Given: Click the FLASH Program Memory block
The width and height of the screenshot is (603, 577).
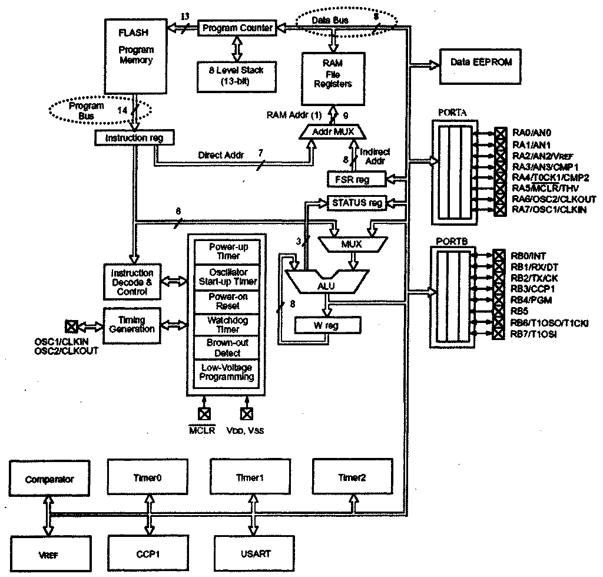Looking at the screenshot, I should pos(135,55).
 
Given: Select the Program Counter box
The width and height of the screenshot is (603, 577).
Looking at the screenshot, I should pos(237,28).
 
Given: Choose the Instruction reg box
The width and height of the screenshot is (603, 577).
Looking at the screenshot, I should pos(134,138).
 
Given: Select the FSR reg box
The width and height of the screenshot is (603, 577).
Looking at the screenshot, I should pos(356,178).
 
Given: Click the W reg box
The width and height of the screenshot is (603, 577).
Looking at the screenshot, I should pos(327,325).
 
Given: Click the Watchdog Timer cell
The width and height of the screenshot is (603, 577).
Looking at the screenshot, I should pos(227,325).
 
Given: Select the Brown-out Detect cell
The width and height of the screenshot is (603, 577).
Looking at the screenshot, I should pos(227,348).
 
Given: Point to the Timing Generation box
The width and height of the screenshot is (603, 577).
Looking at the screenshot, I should pos(132,324).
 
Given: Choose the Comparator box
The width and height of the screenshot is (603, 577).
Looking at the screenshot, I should pos(49,479).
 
